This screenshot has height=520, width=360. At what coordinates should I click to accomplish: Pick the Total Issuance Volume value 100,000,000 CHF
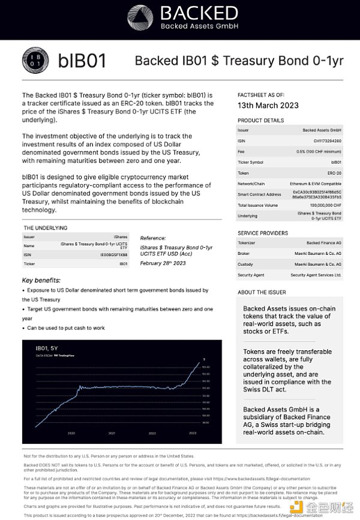[x=322, y=205]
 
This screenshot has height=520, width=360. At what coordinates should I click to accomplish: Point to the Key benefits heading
[x=41, y=280]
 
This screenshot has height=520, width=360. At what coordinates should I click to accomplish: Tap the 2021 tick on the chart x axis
[x=112, y=432]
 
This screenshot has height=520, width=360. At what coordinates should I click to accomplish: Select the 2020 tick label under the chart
[x=71, y=432]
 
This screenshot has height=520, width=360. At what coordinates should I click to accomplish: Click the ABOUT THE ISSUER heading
[x=262, y=292]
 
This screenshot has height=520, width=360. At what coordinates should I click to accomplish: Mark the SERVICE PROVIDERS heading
[x=263, y=233]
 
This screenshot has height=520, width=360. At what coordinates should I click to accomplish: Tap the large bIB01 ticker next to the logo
[x=82, y=61]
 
